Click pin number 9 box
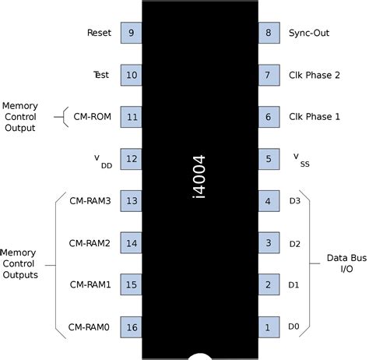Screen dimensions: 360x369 pyautogui.click(x=131, y=34)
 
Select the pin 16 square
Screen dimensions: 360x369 pyautogui.click(x=131, y=327)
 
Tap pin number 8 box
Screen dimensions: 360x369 pyautogui.click(x=268, y=34)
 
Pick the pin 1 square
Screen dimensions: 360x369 pyautogui.click(x=268, y=327)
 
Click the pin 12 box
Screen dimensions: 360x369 pyautogui.click(x=131, y=160)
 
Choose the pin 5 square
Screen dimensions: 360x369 pyautogui.click(x=268, y=160)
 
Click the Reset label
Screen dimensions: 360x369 pyautogui.click(x=100, y=34)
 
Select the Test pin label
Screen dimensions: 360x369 pyautogui.click(x=102, y=76)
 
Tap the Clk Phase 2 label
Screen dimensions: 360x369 pyautogui.click(x=314, y=76)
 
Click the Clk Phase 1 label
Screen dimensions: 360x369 pyautogui.click(x=314, y=118)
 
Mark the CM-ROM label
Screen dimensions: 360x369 pyautogui.click(x=93, y=118)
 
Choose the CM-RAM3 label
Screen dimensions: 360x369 pyautogui.click(x=90, y=202)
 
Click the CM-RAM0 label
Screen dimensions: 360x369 pyautogui.click(x=90, y=327)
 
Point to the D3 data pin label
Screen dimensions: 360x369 pyautogui.click(x=294, y=202)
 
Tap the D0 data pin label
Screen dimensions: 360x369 pyautogui.click(x=294, y=327)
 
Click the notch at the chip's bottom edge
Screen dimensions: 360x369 pyautogui.click(x=199, y=355)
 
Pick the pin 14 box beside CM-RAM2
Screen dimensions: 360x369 pyautogui.click(x=131, y=243)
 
